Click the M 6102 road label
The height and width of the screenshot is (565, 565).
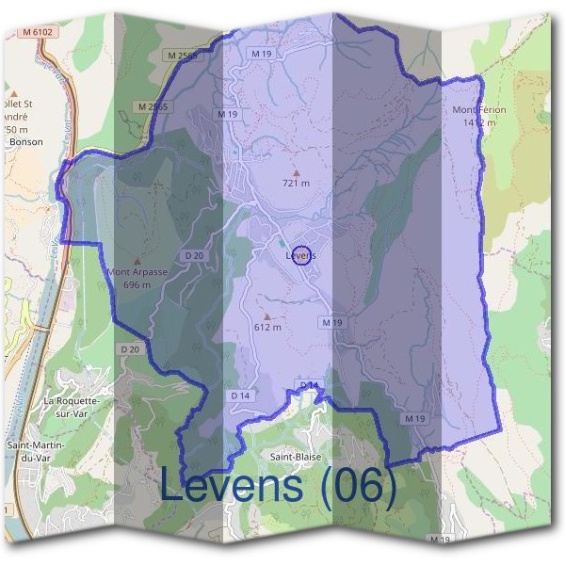[x=39, y=31]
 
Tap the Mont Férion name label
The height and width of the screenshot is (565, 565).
[x=479, y=110]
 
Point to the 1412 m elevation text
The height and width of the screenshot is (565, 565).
[x=479, y=122]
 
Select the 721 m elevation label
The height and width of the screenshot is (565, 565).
[x=296, y=183]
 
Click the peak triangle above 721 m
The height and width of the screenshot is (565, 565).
[x=296, y=172]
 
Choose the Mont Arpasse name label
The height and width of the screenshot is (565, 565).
[x=137, y=272]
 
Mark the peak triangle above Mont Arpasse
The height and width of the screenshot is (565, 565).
[x=137, y=262]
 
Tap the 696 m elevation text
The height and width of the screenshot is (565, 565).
[x=137, y=284]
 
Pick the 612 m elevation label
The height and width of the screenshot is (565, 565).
[x=268, y=327]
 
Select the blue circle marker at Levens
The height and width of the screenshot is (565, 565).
[x=301, y=255]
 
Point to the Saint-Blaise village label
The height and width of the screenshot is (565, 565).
[x=294, y=457]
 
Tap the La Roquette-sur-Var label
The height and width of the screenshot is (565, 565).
[x=72, y=406]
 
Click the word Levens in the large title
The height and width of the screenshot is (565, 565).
[x=233, y=486]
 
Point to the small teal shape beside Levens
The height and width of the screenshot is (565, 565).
[x=281, y=241]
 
